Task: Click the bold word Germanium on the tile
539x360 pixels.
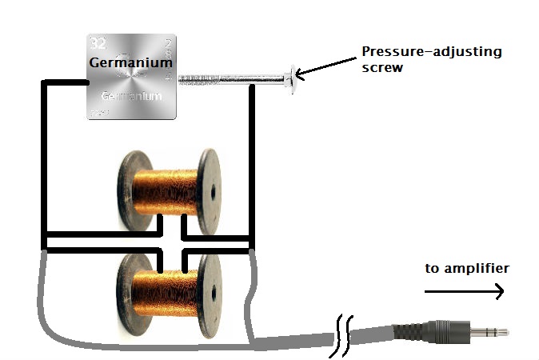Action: click(x=130, y=62)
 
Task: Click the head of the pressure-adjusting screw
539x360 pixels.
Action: click(x=290, y=78)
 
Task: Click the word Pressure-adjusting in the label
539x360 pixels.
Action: click(x=432, y=52)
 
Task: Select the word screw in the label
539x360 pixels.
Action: click(x=381, y=69)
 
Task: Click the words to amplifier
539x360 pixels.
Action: click(x=466, y=268)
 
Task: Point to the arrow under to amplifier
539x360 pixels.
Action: click(x=465, y=292)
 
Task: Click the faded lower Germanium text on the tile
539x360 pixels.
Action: click(x=131, y=96)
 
